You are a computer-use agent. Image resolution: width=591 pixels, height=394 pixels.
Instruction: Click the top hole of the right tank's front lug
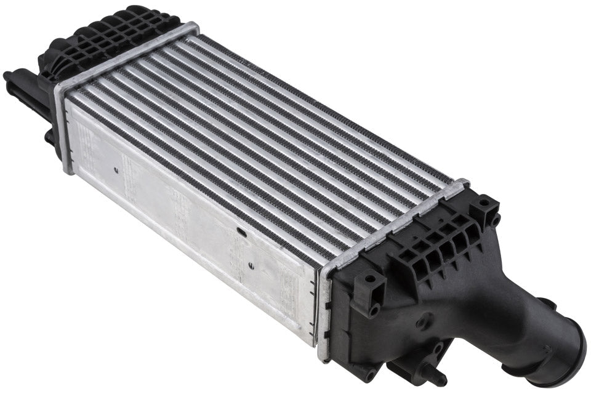click(x=370, y=278)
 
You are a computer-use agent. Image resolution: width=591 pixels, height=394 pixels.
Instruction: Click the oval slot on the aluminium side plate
click(x=241, y=232)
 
